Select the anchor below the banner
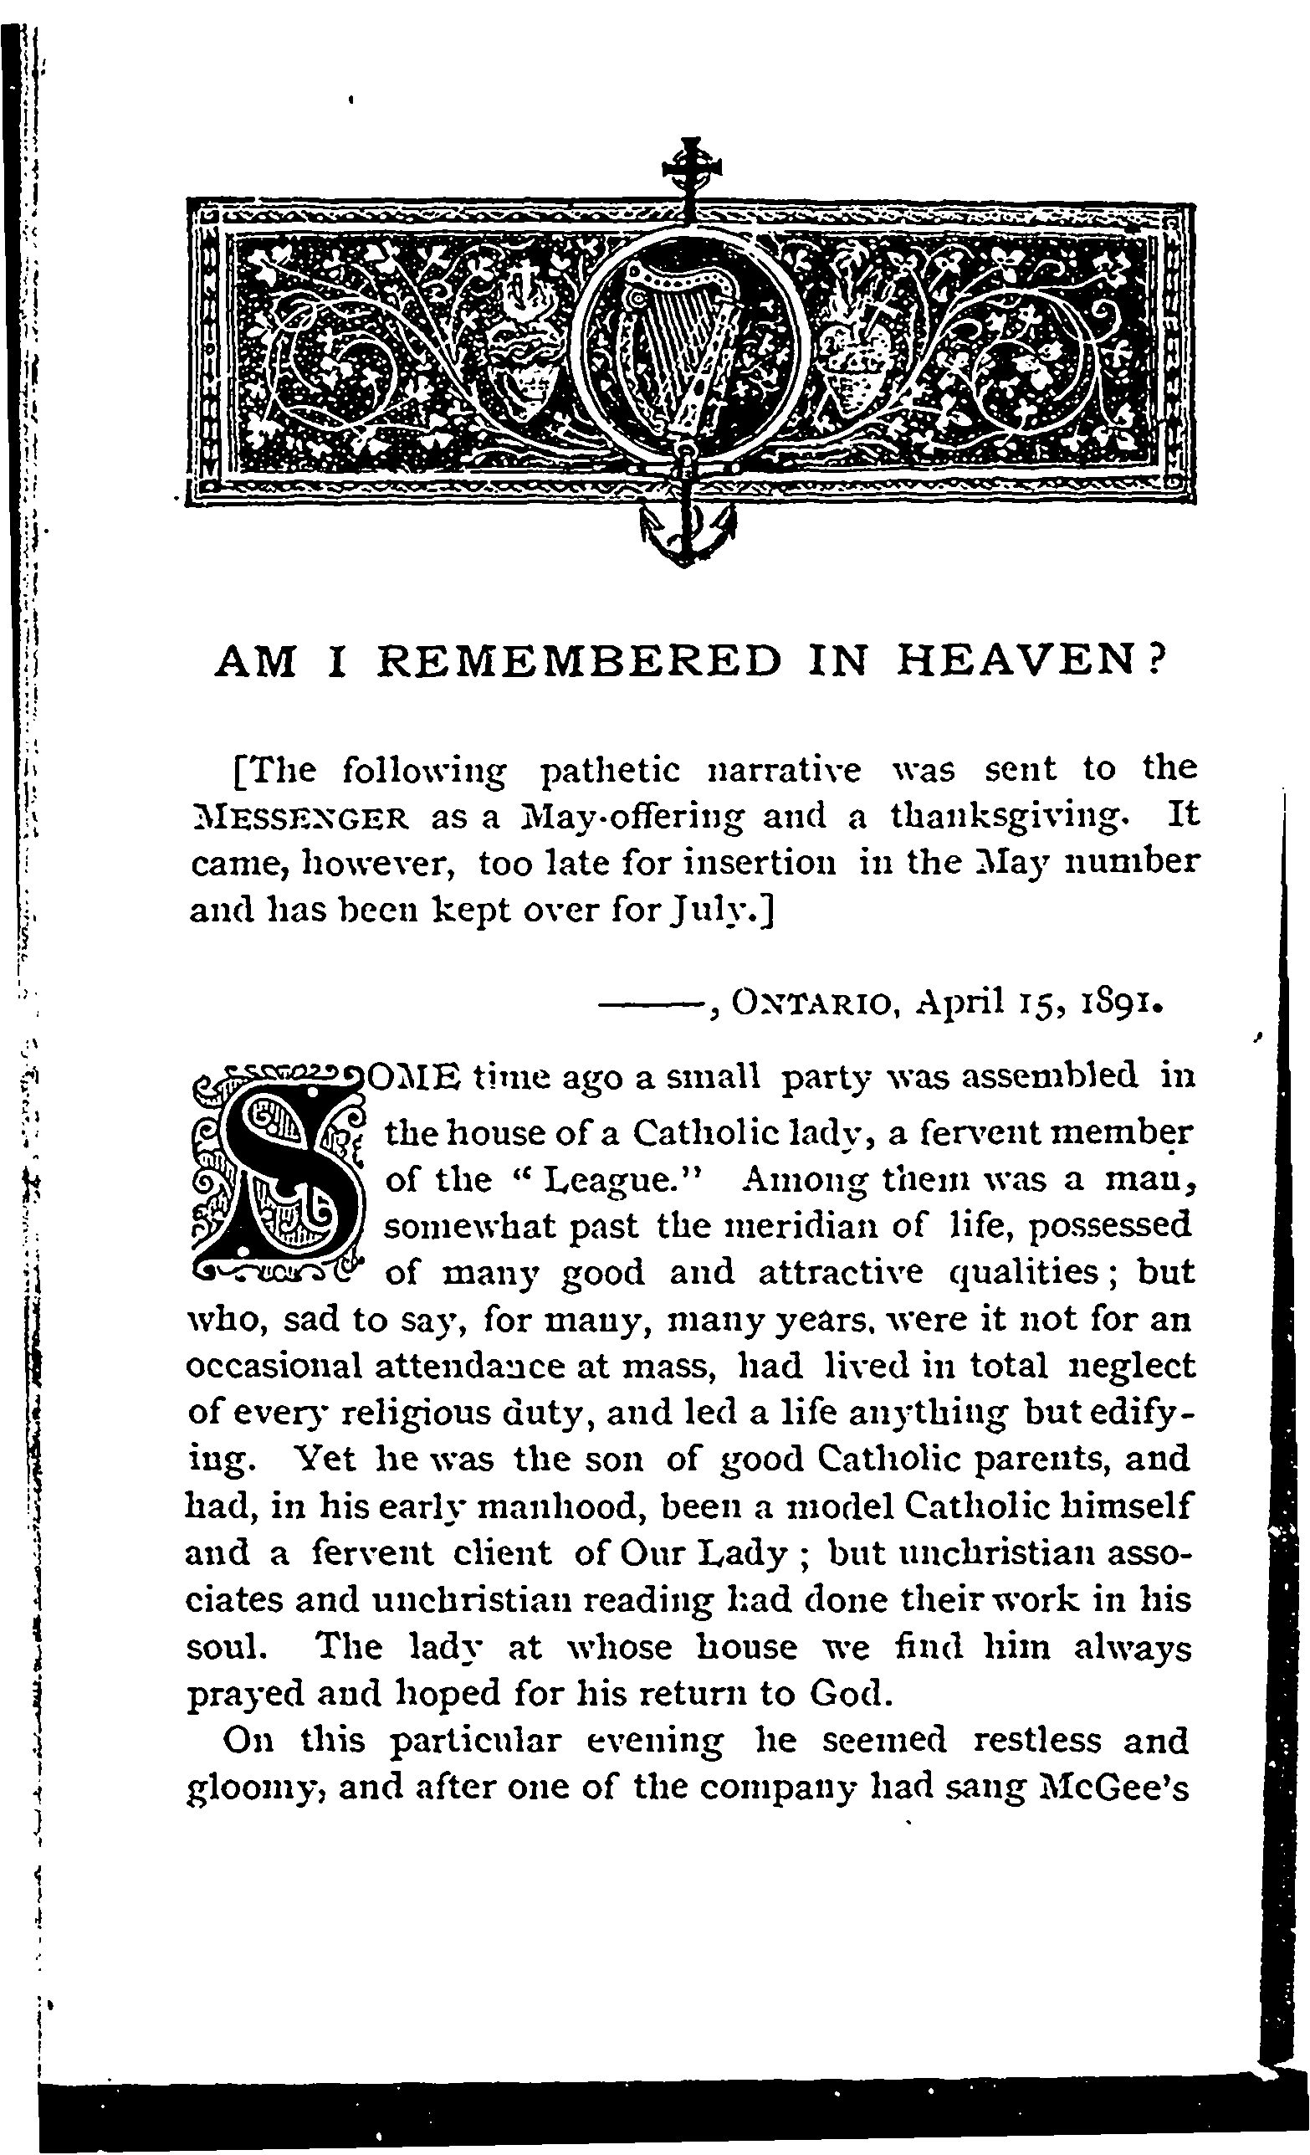(x=688, y=532)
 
